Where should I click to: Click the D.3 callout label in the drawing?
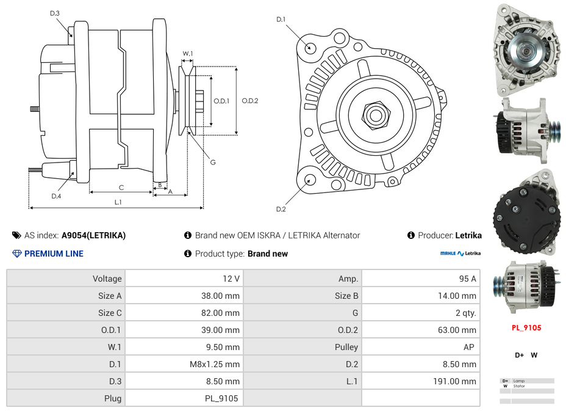[x=55, y=13]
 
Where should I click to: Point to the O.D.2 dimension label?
[x=250, y=101]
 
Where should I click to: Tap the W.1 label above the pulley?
[x=188, y=54]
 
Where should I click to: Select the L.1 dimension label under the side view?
[x=118, y=202]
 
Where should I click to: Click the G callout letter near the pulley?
[x=213, y=163]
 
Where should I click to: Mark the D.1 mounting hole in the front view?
[x=310, y=47]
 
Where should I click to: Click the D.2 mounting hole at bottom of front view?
[x=310, y=180]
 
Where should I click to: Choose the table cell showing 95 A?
[x=420, y=279]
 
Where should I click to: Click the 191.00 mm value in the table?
[x=420, y=381]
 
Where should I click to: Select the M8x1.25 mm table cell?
[x=184, y=364]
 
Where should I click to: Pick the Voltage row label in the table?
[x=66, y=279]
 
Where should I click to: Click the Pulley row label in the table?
[x=302, y=347]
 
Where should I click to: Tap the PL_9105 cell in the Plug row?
[x=184, y=398]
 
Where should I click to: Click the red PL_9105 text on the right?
[x=526, y=327]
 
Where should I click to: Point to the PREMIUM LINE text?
[x=54, y=254]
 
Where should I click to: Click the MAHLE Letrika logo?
[x=460, y=254]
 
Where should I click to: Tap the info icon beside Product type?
[x=188, y=254]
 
